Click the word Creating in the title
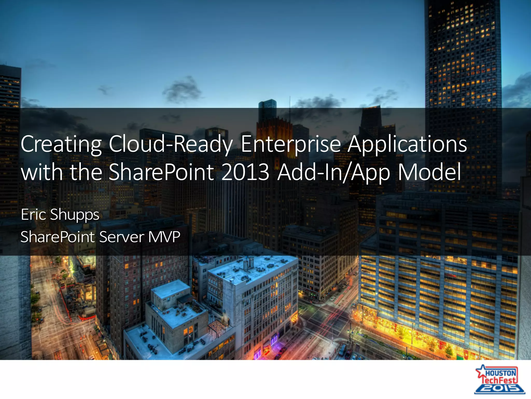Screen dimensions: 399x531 [x=61, y=144]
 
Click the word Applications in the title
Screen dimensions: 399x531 [x=407, y=144]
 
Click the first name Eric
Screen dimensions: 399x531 [x=33, y=214]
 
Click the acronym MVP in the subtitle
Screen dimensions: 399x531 [x=164, y=237]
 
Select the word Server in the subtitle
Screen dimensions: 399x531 [x=122, y=237]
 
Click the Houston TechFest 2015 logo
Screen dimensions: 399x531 [x=499, y=380]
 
